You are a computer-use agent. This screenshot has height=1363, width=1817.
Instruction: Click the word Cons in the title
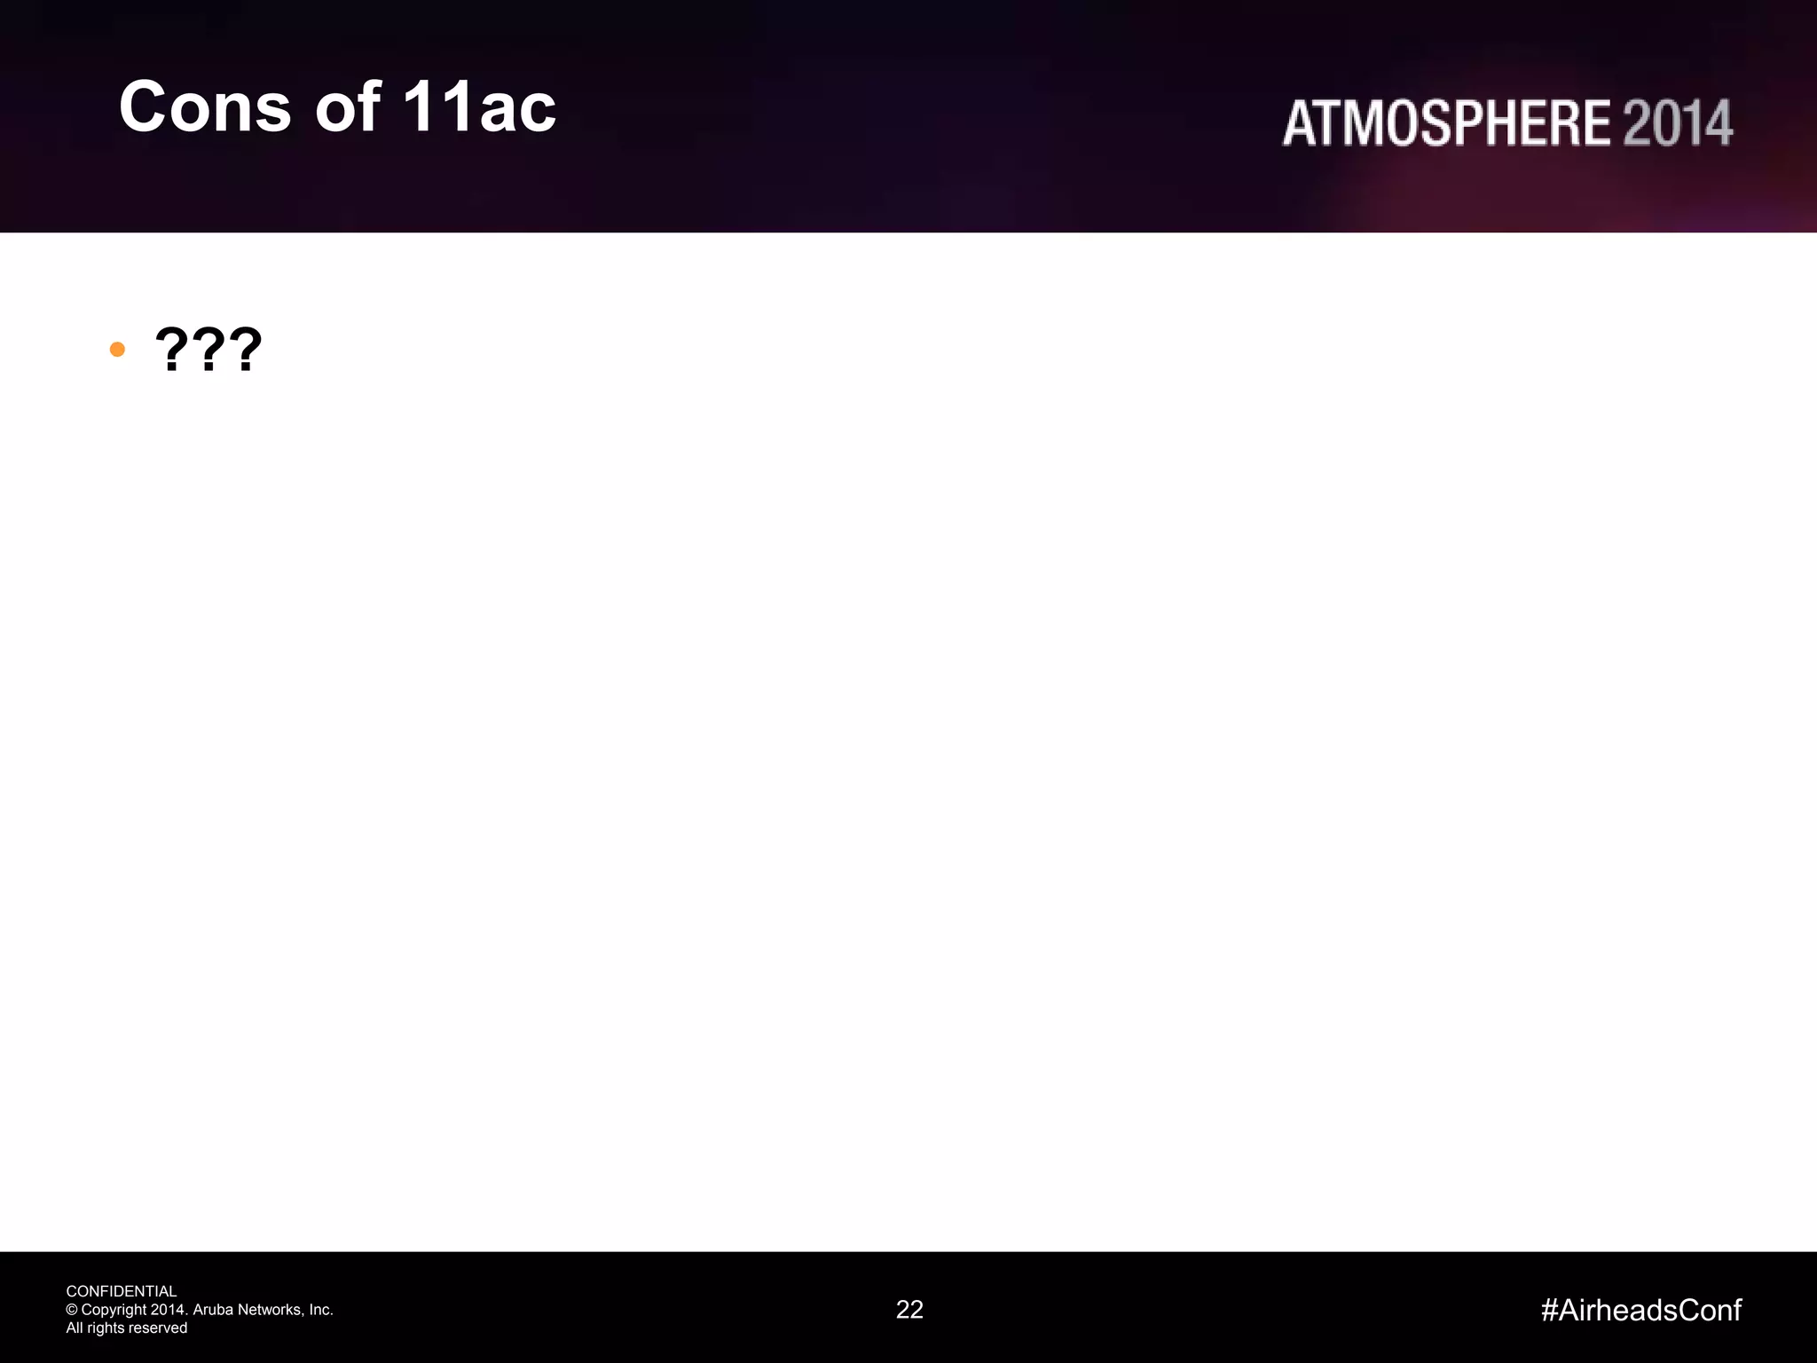[205, 107]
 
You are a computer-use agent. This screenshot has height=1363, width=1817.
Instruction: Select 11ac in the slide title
[479, 107]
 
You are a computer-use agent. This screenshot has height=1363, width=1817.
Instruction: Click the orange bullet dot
[117, 350]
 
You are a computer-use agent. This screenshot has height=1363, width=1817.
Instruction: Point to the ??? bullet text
[208, 350]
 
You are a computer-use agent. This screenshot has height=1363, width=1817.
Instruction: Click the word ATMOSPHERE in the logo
[1446, 123]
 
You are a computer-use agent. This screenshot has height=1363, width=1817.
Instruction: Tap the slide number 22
[909, 1310]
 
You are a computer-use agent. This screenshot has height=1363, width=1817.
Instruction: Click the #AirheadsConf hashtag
[1641, 1310]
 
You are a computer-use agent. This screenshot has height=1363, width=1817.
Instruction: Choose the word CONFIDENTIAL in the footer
[122, 1291]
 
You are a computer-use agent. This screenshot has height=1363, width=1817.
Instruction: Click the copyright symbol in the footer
[72, 1310]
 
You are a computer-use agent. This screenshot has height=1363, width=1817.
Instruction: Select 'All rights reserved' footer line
[127, 1328]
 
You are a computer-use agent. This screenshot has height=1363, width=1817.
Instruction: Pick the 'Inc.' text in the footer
[320, 1310]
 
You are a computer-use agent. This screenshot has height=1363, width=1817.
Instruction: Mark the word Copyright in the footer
[114, 1310]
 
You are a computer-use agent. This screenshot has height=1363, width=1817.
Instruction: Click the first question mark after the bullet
[170, 350]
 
